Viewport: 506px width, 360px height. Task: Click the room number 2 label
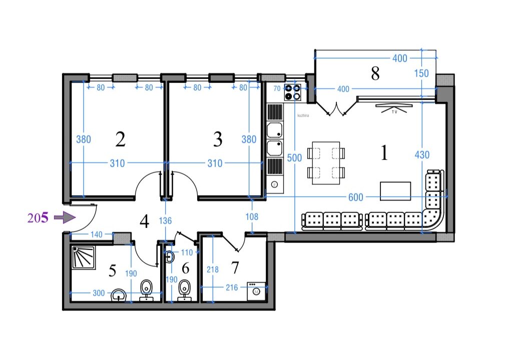[120, 139]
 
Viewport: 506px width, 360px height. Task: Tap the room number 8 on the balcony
[375, 73]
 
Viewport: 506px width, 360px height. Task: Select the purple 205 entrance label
[38, 218]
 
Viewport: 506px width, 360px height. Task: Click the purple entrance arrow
[65, 217]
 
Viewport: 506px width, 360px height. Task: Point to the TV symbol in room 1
[394, 108]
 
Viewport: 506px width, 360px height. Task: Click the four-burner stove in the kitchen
[293, 92]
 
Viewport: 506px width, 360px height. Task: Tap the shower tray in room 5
[84, 257]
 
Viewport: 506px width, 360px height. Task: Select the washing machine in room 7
[256, 291]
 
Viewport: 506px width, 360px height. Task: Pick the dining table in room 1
[326, 163]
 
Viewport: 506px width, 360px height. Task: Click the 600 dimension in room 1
[356, 197]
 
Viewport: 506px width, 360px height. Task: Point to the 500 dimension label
[294, 158]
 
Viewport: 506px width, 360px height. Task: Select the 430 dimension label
[422, 155]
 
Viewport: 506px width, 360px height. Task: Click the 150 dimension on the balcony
[421, 73]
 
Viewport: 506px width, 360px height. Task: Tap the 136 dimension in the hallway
[165, 221]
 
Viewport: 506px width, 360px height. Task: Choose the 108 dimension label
[252, 217]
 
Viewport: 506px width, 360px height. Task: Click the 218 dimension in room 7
[212, 269]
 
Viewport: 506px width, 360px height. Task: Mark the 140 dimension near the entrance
[96, 234]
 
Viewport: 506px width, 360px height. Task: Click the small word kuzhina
[303, 115]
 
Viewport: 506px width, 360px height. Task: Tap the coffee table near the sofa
[395, 191]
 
